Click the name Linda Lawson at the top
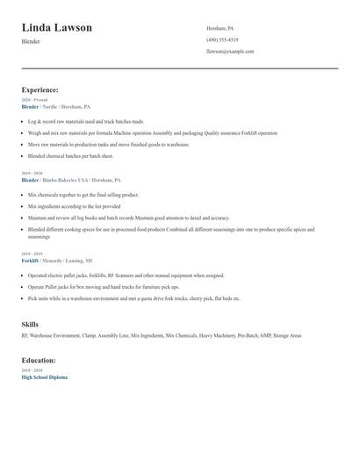tap(57, 27)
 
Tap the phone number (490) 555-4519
tap(222, 39)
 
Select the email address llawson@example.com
tap(230, 51)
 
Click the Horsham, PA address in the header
tap(220, 28)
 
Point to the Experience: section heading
tap(40, 89)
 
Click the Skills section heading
tap(30, 325)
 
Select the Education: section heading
tap(39, 360)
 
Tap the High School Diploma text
tap(44, 376)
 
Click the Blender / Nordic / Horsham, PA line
tap(55, 106)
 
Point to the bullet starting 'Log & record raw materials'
tap(85, 121)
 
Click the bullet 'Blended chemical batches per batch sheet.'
tap(70, 155)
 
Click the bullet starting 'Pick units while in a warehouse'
tap(133, 298)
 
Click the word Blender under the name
tap(31, 41)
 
